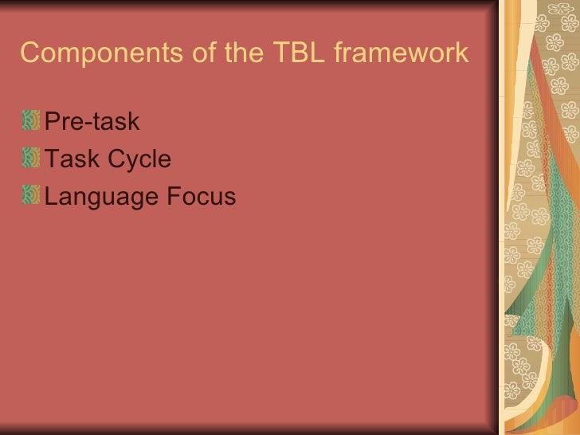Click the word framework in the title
point(401,53)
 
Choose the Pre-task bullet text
point(92,122)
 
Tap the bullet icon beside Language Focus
point(31,195)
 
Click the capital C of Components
point(29,53)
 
